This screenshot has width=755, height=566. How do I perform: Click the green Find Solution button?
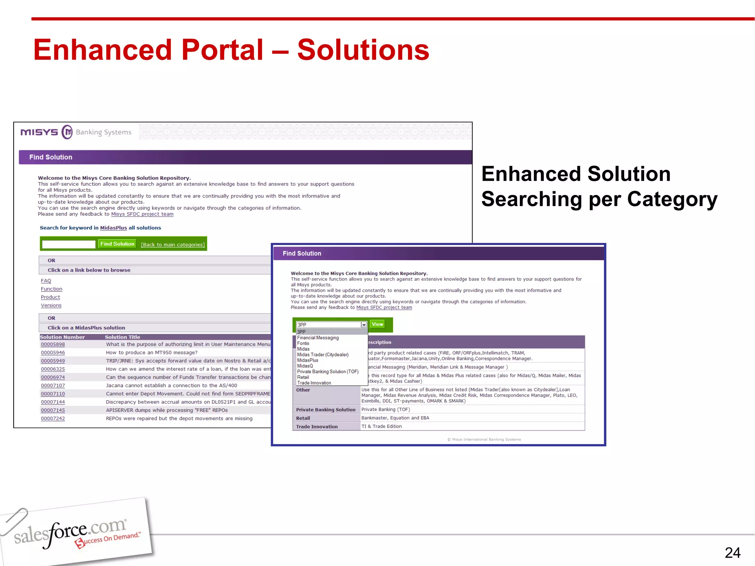coord(117,244)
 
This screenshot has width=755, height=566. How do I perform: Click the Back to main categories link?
coord(173,245)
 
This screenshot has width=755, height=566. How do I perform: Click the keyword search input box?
coord(69,244)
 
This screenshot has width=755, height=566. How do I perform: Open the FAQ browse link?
coord(46,281)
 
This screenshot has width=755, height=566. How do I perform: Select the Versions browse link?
coord(51,305)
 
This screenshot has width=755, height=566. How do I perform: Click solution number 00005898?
coord(53,345)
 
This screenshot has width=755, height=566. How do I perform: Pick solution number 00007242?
coord(53,419)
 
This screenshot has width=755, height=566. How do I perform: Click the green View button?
coord(377,324)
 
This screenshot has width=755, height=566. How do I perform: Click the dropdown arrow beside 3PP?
coord(364,325)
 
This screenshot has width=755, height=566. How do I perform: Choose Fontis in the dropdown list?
coord(303,343)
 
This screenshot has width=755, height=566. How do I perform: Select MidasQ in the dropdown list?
coord(305,366)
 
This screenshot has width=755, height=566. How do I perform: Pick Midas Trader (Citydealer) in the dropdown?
coord(323,355)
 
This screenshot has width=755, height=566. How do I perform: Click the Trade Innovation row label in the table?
coord(317,427)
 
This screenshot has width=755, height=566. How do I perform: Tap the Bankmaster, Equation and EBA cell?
coord(395,418)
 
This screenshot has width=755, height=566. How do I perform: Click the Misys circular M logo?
coord(67,132)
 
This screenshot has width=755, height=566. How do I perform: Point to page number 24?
coord(732,553)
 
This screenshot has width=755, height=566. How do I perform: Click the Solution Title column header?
coord(122,337)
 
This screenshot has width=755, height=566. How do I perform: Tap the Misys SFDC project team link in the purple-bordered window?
coord(384,308)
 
